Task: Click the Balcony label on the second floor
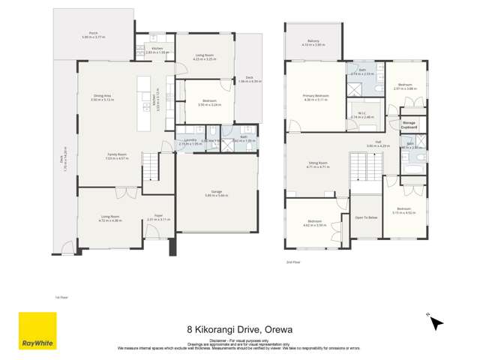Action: click(x=313, y=41)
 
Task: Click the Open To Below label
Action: click(x=365, y=217)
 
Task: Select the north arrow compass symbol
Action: click(x=436, y=323)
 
